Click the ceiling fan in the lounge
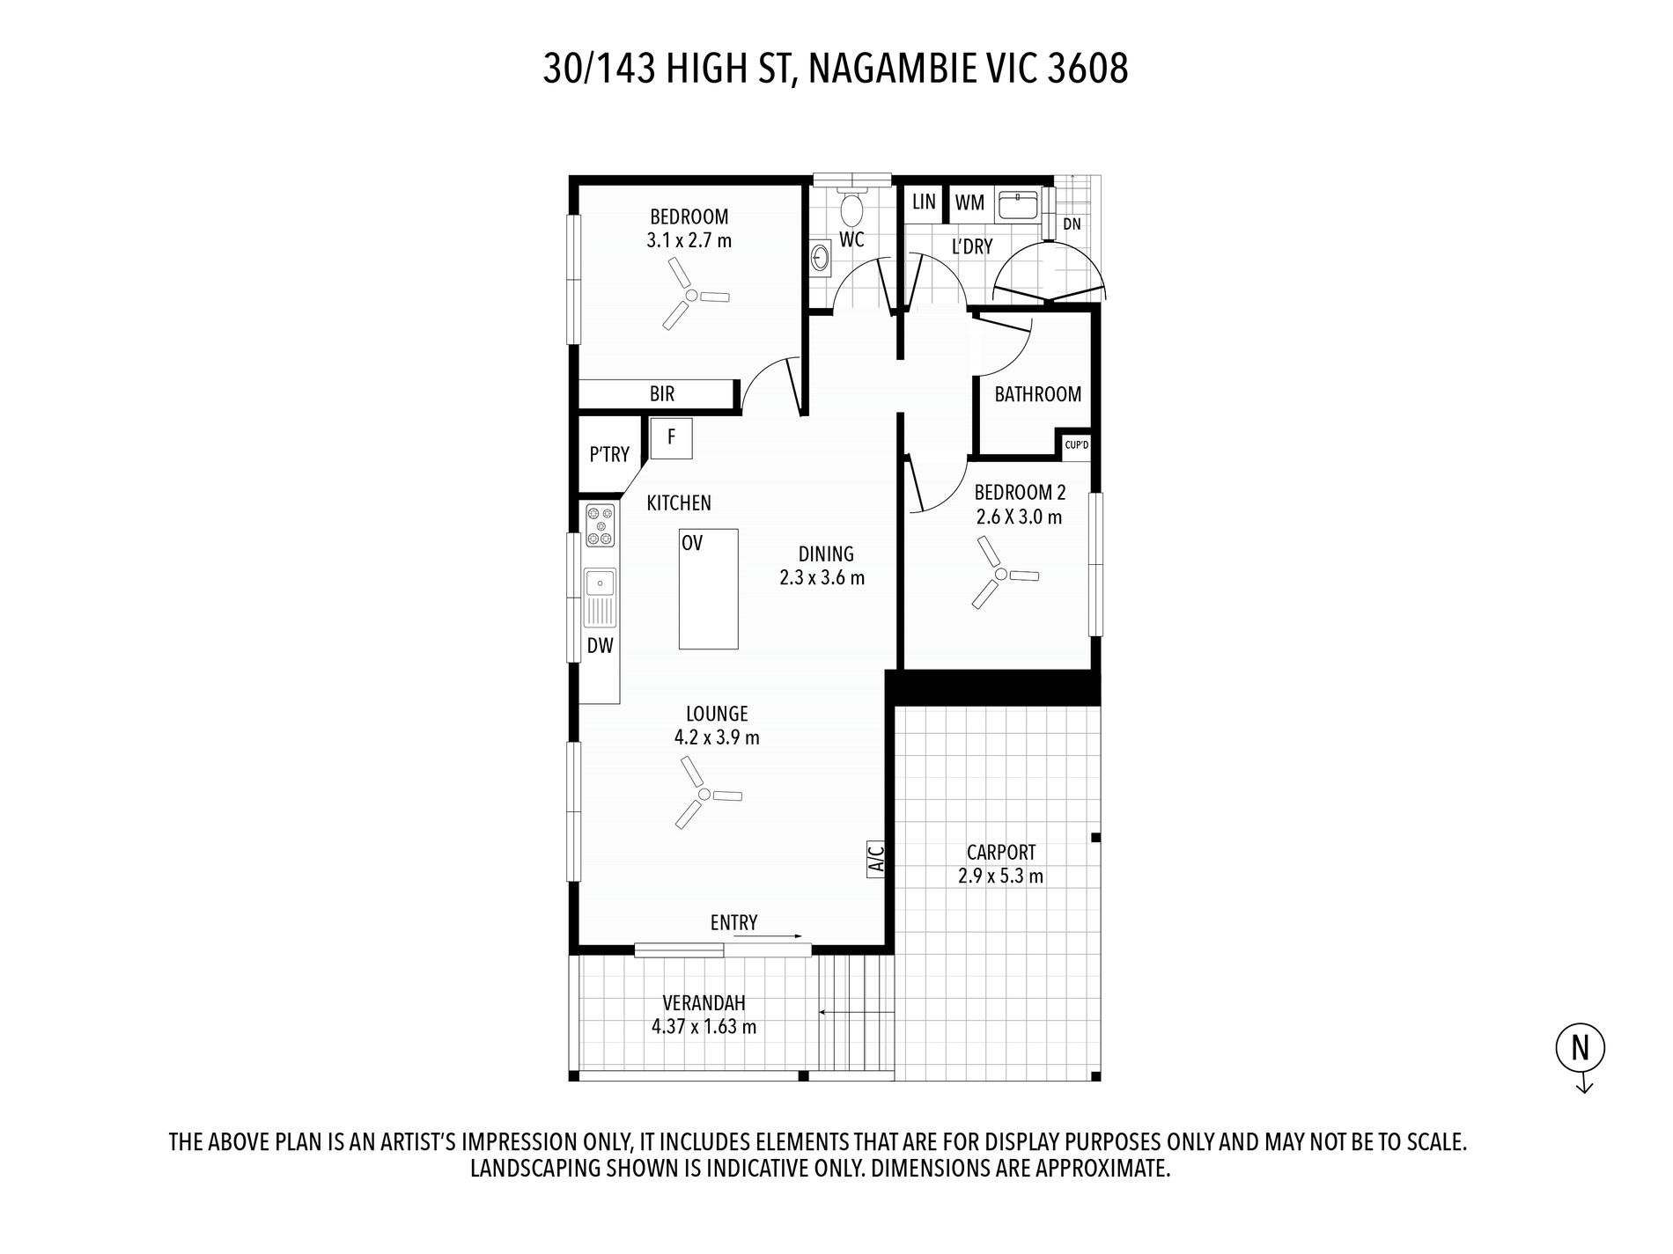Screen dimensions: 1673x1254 click(x=704, y=795)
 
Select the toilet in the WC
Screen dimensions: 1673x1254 click(x=851, y=209)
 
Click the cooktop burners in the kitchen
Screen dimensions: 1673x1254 click(x=601, y=524)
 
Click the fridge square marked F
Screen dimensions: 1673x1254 click(x=671, y=437)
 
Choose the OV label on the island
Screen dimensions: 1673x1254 click(x=692, y=544)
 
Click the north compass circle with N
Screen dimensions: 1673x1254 click(x=1581, y=1048)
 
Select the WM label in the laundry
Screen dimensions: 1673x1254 click(x=969, y=202)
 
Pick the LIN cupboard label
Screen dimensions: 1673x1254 click(x=924, y=202)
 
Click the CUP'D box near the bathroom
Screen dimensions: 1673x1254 click(x=1076, y=445)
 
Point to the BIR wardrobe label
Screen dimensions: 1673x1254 click(x=662, y=393)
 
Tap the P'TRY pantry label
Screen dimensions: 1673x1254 click(x=609, y=454)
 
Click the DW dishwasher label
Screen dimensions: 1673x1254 click(x=600, y=646)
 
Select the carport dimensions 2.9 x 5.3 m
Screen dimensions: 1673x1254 click(x=1000, y=876)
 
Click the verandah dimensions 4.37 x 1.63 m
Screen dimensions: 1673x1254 click(x=704, y=1026)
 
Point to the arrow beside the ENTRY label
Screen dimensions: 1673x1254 click(x=766, y=936)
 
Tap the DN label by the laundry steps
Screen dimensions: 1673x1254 click(x=1072, y=224)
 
